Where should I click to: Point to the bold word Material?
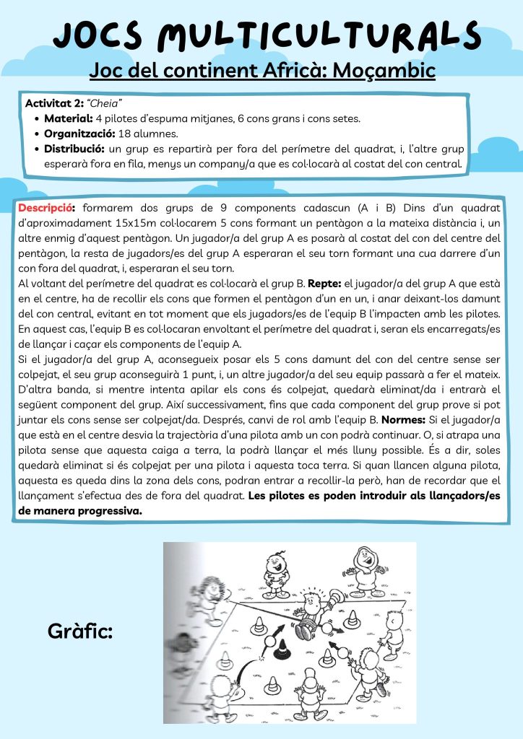point(68,118)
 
